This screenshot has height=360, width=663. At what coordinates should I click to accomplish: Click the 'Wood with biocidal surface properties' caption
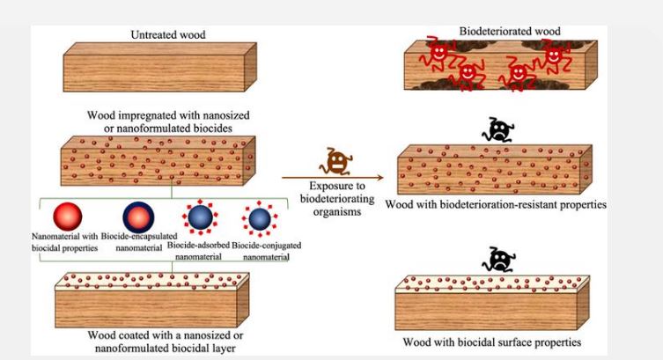point(499,342)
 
